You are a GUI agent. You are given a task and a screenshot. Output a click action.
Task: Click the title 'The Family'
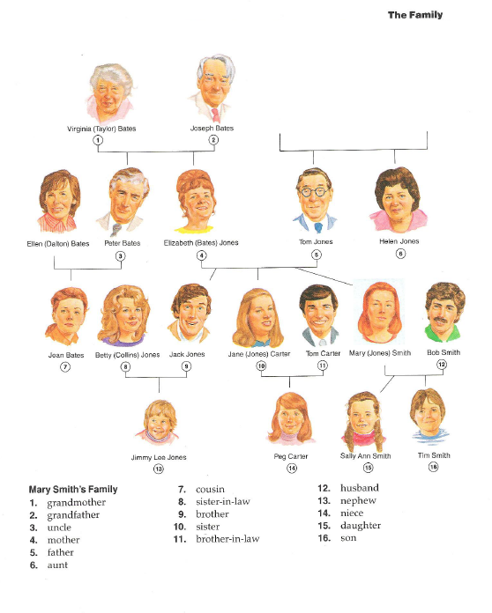(415, 15)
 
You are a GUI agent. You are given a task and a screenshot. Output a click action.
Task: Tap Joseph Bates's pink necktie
(216, 114)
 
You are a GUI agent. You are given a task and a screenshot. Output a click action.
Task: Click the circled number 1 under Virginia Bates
(98, 139)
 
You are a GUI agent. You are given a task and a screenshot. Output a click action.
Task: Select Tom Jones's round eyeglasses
(315, 192)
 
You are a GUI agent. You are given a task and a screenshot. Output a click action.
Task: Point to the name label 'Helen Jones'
(399, 241)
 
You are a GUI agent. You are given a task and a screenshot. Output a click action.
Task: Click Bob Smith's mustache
(440, 320)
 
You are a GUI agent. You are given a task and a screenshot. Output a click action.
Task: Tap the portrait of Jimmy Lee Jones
(158, 423)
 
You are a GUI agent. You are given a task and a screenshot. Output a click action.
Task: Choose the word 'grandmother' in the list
(77, 502)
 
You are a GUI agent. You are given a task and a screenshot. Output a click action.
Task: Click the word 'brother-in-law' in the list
(227, 539)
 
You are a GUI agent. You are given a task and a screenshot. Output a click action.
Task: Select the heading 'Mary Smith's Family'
(73, 490)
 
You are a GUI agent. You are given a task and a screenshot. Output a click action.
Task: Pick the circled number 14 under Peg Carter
(292, 468)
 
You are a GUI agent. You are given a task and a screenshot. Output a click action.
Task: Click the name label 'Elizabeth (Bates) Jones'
(201, 243)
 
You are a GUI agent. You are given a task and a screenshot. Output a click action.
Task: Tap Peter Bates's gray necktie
(116, 230)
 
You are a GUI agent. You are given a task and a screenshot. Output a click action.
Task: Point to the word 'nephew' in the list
(358, 501)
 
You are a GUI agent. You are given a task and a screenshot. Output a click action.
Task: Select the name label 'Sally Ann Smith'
(365, 456)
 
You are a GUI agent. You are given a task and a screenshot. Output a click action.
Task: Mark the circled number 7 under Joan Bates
(65, 366)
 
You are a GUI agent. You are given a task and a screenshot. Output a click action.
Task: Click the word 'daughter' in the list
(361, 526)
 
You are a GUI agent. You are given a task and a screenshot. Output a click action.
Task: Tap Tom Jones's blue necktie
(318, 227)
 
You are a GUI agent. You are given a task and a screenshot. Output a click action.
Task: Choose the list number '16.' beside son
(324, 538)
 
